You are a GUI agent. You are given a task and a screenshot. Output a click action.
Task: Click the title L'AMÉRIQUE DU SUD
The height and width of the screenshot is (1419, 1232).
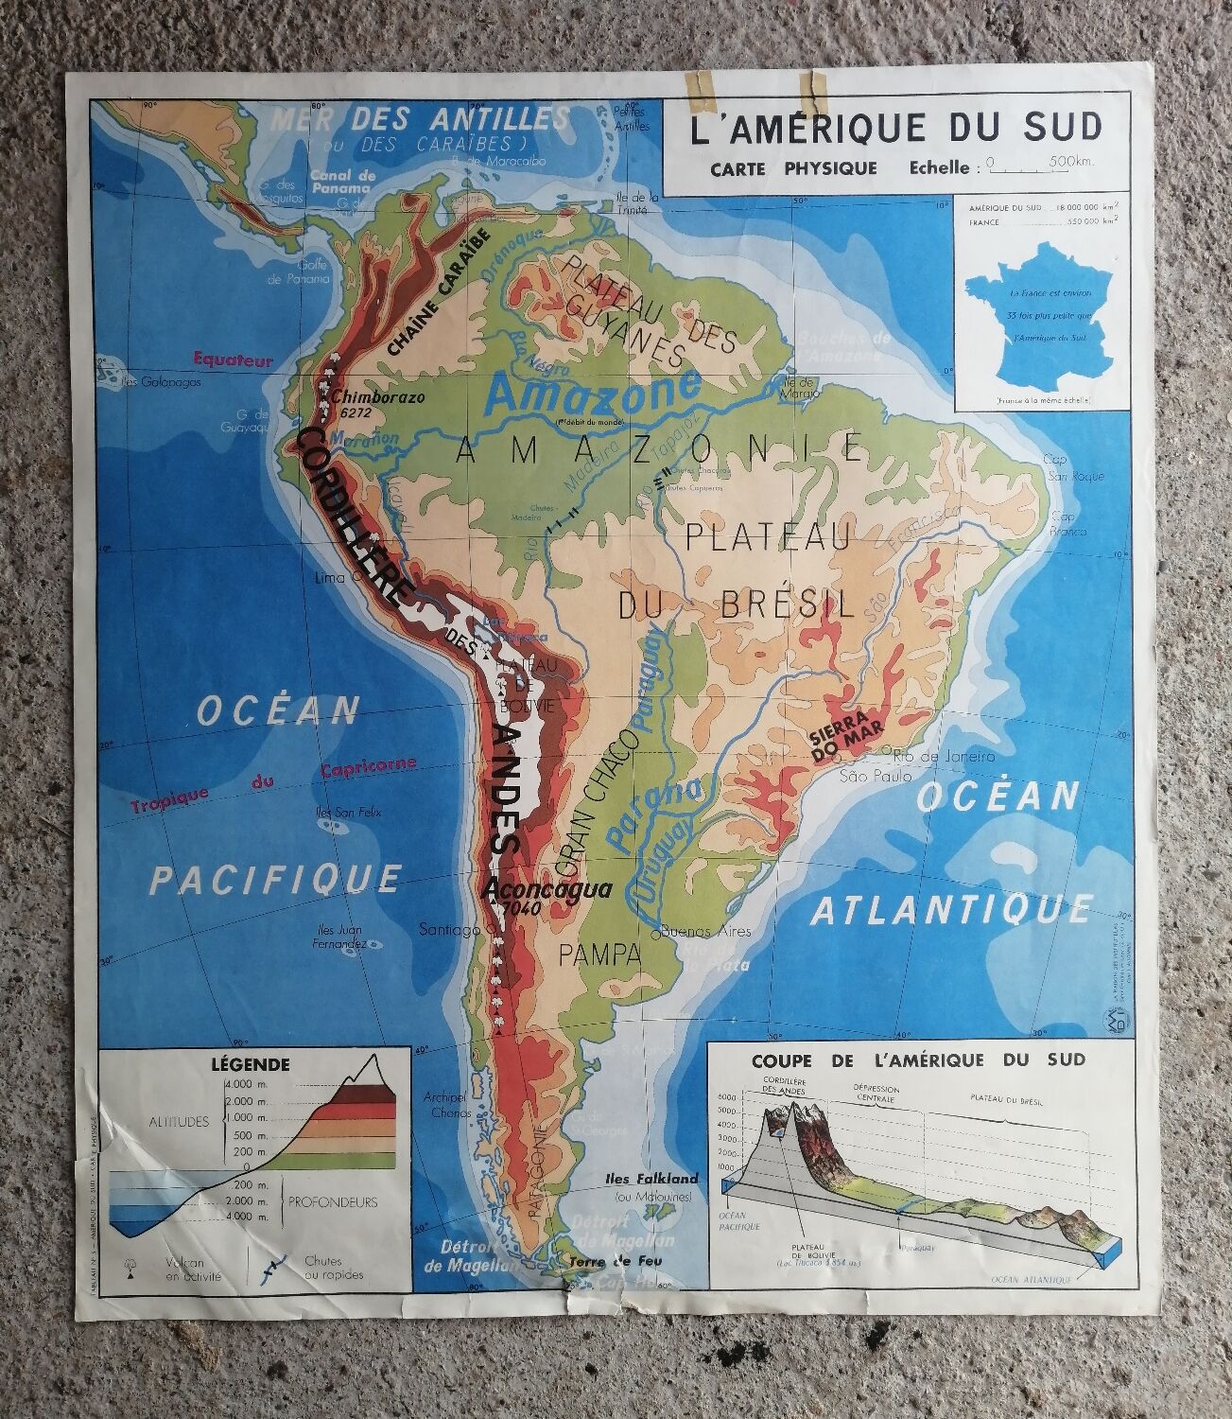[x=896, y=128]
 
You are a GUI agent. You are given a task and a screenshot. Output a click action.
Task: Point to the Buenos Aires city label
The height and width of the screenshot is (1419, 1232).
[x=705, y=931]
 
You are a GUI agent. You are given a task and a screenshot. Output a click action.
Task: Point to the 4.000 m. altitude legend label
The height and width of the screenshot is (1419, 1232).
[x=246, y=1084]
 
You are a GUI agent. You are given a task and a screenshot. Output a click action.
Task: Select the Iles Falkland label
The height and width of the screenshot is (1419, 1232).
[x=651, y=1179]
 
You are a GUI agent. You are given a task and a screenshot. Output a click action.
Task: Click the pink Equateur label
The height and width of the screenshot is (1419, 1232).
[x=231, y=359]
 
